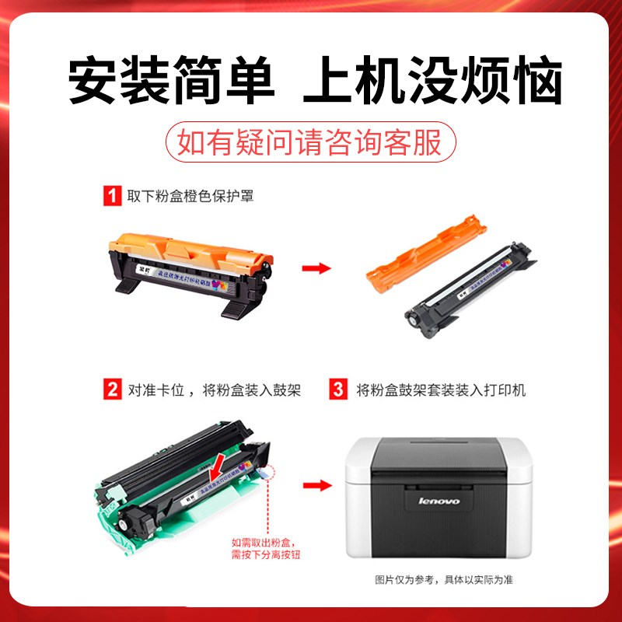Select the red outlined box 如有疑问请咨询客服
tap(309, 143)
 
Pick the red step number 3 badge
tap(338, 389)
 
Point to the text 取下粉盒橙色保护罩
tap(190, 197)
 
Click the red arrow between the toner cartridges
tap(316, 268)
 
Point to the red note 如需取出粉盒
tap(264, 549)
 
